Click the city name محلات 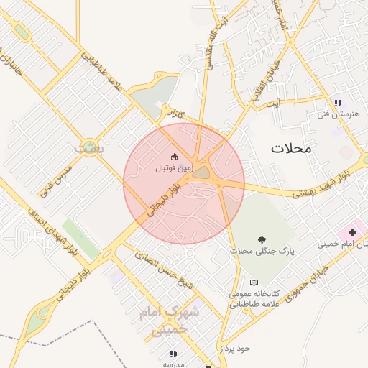click(x=292, y=149)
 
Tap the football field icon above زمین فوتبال click(x=173, y=156)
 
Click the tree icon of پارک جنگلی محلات click(x=259, y=240)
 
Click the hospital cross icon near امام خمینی click(x=352, y=233)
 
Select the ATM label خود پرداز click(x=235, y=348)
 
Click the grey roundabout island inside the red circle click(x=201, y=172)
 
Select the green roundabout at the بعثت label click(x=91, y=146)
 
